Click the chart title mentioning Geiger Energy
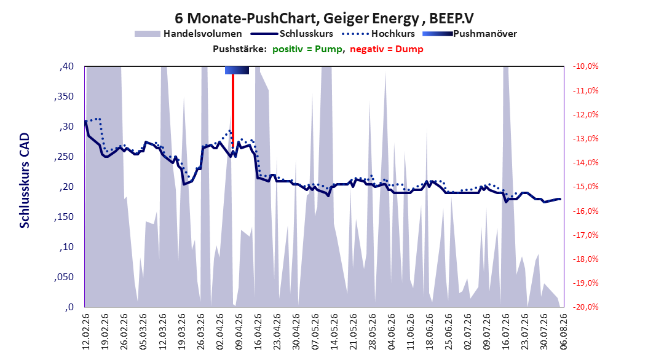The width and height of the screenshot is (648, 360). (x=324, y=18)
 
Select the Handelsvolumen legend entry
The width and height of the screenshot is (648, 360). (x=189, y=34)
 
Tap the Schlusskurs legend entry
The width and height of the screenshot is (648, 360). (x=292, y=34)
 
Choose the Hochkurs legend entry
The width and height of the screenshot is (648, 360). (x=378, y=34)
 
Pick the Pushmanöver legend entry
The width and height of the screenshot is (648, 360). (x=470, y=34)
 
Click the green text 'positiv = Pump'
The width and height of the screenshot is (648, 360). (x=307, y=49)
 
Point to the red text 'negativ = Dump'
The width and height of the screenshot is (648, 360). (x=387, y=49)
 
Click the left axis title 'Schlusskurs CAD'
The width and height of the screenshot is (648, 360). (x=25, y=181)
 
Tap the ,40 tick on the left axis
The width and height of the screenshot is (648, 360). (x=66, y=66)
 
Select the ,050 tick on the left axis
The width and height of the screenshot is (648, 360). (x=64, y=277)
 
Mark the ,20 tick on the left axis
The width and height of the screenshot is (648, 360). (x=66, y=187)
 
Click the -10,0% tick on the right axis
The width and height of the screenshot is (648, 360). (x=585, y=66)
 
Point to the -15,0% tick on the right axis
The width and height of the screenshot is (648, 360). (x=585, y=187)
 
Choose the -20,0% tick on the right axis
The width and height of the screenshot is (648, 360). (x=585, y=307)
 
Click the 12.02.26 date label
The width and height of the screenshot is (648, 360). (x=85, y=332)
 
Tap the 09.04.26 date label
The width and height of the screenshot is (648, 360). (x=239, y=332)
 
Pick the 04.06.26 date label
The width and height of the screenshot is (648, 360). (x=391, y=332)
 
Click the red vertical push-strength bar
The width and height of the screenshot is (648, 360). (x=232, y=111)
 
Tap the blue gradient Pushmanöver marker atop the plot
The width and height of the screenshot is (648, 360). (x=237, y=70)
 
